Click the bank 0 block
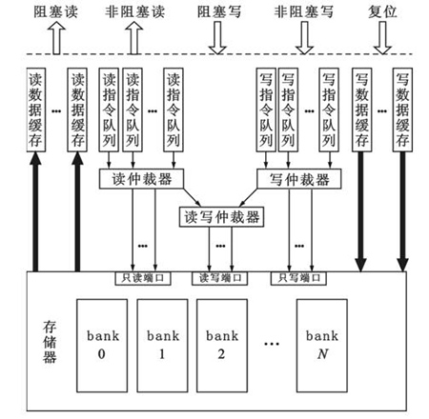(101, 344)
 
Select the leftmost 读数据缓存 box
(37, 112)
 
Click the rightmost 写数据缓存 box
(403, 112)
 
